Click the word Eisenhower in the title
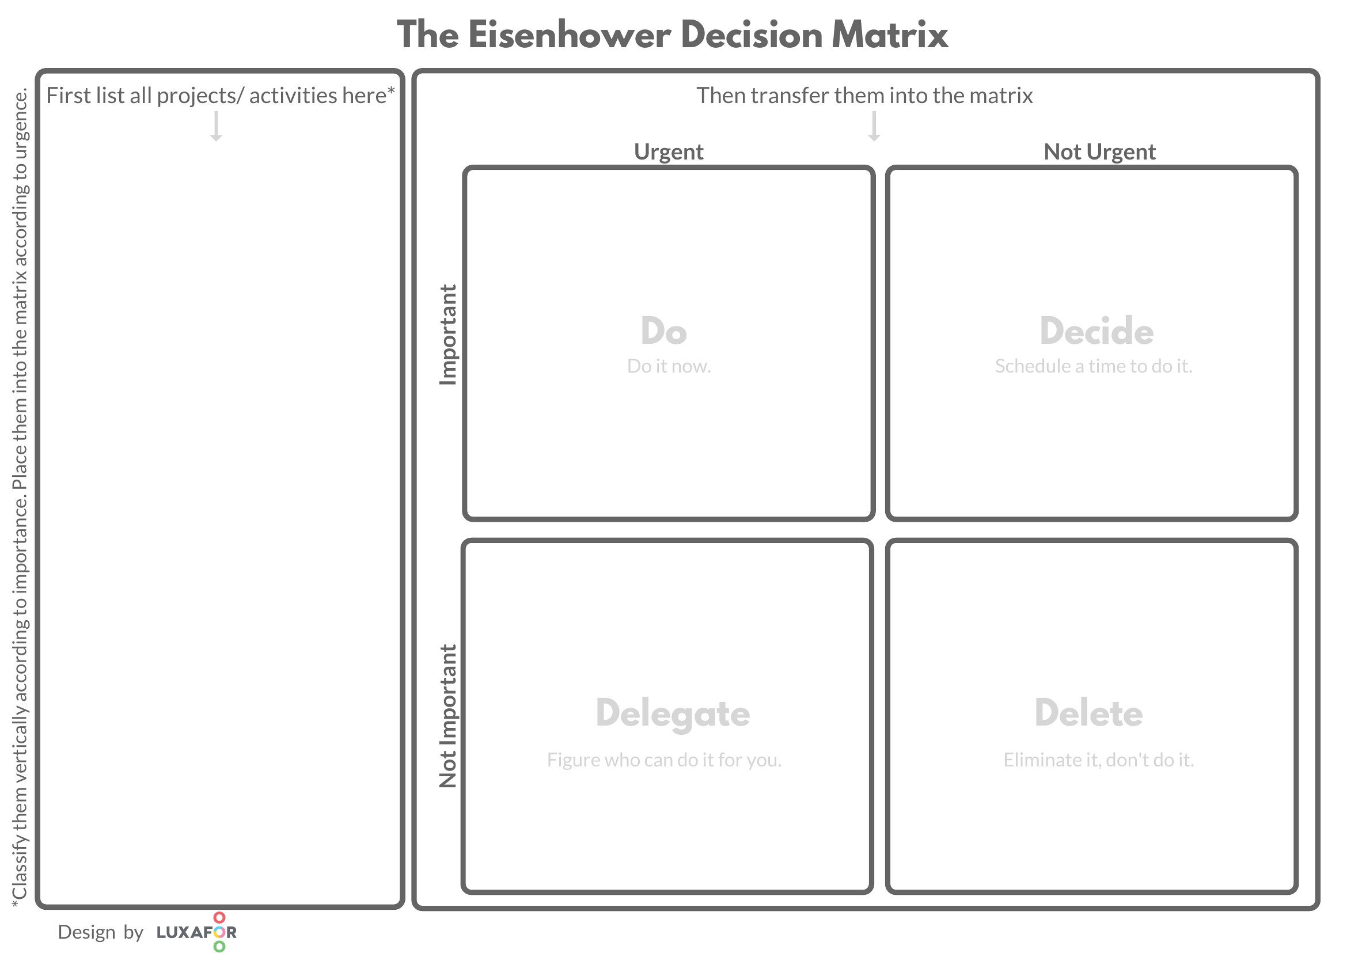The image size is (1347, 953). click(570, 35)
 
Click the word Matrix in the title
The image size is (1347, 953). click(890, 35)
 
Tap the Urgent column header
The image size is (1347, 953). click(669, 152)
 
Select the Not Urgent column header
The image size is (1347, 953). click(1099, 152)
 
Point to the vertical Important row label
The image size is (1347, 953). click(448, 335)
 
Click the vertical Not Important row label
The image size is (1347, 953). click(448, 716)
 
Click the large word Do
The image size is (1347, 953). click(664, 331)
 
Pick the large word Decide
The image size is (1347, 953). click(1096, 331)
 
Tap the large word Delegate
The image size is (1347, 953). click(673, 713)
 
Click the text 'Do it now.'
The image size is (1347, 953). click(669, 366)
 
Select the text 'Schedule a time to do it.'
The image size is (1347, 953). click(1094, 366)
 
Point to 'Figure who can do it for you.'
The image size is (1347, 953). click(665, 760)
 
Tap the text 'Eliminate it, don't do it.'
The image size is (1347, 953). click(1099, 760)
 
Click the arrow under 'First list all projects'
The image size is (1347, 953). click(216, 126)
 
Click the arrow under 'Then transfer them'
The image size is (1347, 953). click(874, 126)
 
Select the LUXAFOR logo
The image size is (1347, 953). click(197, 932)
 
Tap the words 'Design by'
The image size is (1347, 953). click(100, 932)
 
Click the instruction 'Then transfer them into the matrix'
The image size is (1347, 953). click(864, 96)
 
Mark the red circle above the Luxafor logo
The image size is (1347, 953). click(219, 917)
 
